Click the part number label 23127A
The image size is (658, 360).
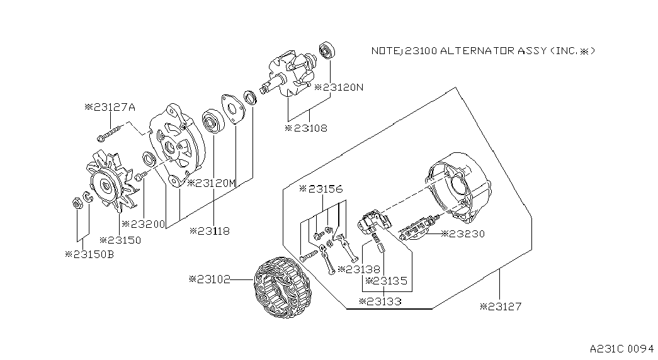tap(110, 107)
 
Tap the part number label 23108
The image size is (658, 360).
tap(306, 128)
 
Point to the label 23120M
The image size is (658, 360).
tap(212, 183)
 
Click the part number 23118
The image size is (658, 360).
tap(210, 231)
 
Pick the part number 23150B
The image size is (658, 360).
tap(89, 254)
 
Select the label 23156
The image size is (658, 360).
tap(321, 189)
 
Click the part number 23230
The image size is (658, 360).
tap(463, 233)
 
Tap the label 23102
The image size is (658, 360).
tap(210, 279)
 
